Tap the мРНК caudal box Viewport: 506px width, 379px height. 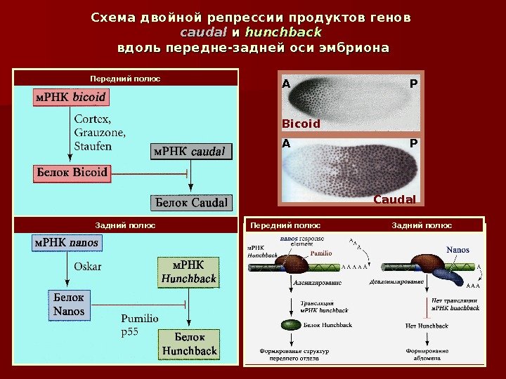pyautogui.click(x=191, y=151)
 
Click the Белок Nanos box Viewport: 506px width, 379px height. pyautogui.click(x=69, y=305)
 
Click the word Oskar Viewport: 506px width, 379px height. pyautogui.click(x=88, y=267)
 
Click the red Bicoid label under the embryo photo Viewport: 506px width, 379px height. pyautogui.click(x=301, y=124)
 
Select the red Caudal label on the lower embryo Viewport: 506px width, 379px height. pyautogui.click(x=394, y=199)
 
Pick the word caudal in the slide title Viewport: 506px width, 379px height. pyautogui.click(x=203, y=32)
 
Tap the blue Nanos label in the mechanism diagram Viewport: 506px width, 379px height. pyautogui.click(x=458, y=250)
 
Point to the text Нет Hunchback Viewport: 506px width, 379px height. pyautogui.click(x=427, y=326)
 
